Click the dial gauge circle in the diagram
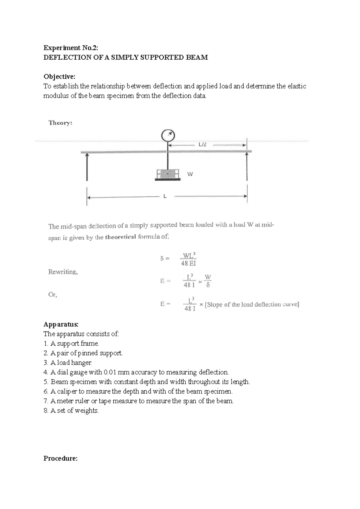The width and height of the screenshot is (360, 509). pyautogui.click(x=168, y=135)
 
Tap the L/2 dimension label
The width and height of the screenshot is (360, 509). pyautogui.click(x=203, y=144)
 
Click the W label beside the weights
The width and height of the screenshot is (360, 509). pyautogui.click(x=190, y=174)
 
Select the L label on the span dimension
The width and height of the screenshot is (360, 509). pyautogui.click(x=165, y=197)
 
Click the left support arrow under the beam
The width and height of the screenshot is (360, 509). pyautogui.click(x=87, y=167)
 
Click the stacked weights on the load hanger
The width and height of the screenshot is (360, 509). pyautogui.click(x=167, y=174)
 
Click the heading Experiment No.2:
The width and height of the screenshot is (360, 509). pyautogui.click(x=71, y=48)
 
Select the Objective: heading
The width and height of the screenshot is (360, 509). pyautogui.click(x=59, y=76)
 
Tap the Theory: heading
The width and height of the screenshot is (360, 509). pyautogui.click(x=60, y=123)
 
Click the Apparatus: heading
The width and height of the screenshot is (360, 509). pyautogui.click(x=61, y=324)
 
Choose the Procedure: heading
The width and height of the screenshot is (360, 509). pyautogui.click(x=61, y=458)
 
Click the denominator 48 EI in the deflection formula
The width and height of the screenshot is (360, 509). pyautogui.click(x=188, y=263)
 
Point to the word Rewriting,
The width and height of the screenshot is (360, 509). pyautogui.click(x=63, y=272)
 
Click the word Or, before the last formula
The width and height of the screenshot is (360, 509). pyautogui.click(x=52, y=295)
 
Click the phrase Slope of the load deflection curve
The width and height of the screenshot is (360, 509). pyautogui.click(x=251, y=305)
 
